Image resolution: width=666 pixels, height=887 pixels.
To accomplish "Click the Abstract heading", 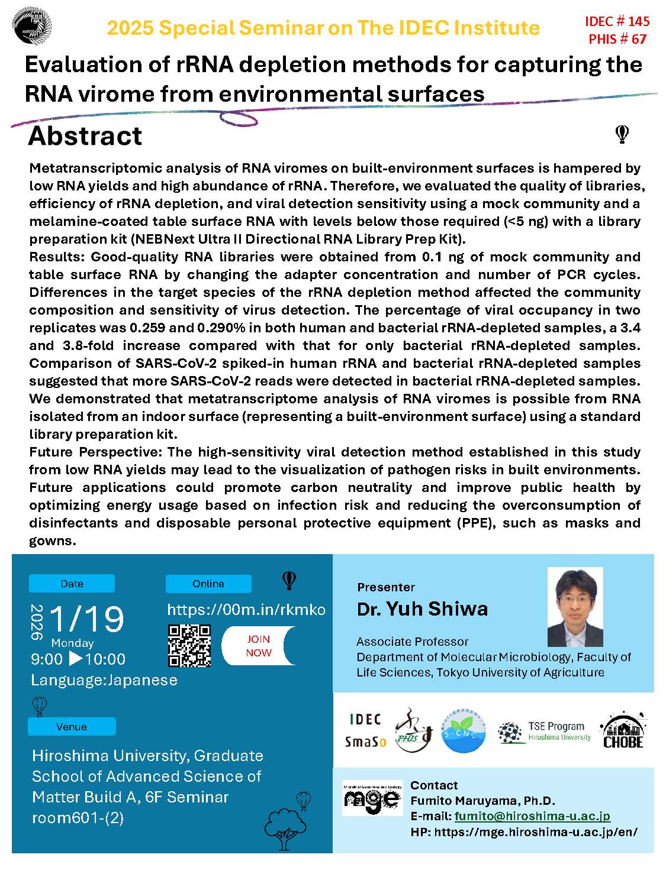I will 85,136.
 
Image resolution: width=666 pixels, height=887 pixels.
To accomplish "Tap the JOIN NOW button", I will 259,646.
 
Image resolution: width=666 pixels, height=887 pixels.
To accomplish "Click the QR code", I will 189,646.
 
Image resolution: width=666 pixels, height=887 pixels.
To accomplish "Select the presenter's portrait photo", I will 575,607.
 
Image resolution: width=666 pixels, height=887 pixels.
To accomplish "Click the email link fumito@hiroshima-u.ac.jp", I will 532,817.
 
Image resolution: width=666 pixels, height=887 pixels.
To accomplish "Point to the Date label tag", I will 72,584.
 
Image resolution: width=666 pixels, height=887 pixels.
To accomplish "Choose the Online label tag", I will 208,584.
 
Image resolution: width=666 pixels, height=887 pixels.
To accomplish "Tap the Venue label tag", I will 72,727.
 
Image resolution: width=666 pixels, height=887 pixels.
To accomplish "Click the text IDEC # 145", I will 617,22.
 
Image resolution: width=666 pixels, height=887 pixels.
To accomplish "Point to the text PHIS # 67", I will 617,40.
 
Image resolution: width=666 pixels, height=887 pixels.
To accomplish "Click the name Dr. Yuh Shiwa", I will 422,609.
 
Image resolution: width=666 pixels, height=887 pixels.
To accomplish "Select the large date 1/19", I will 86,619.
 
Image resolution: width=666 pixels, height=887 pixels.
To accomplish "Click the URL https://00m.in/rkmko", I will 246,610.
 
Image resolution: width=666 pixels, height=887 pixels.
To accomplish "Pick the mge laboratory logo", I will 372,798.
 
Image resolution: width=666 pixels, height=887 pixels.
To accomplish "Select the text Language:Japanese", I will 104,680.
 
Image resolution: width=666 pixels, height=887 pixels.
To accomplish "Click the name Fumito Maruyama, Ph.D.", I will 482,801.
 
